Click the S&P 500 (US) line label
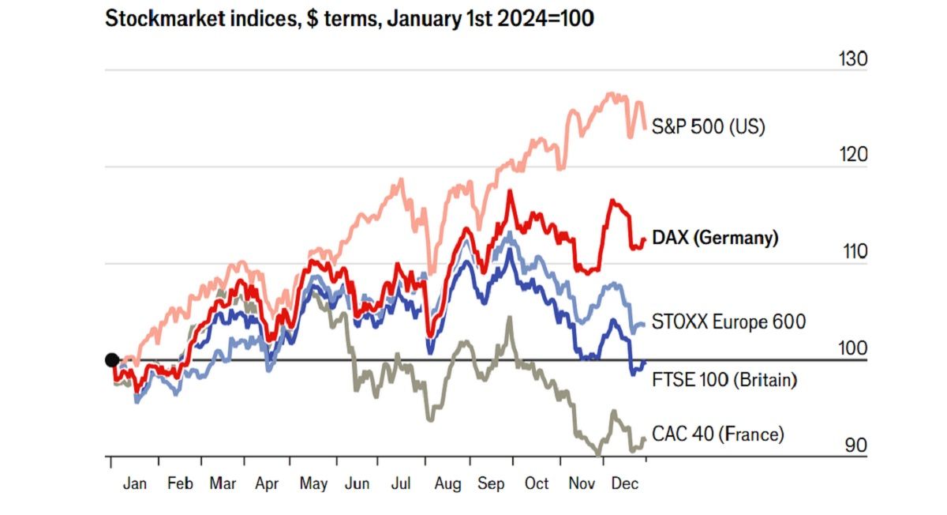pyautogui.click(x=708, y=126)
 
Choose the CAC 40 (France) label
pyautogui.click(x=718, y=434)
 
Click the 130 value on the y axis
pyautogui.click(x=852, y=59)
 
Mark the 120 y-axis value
pyautogui.click(x=852, y=155)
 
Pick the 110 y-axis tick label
pyautogui.click(x=852, y=252)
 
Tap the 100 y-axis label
pyautogui.click(x=852, y=348)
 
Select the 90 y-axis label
pyautogui.click(x=855, y=445)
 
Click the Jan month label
pyautogui.click(x=134, y=483)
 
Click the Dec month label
pyautogui.click(x=625, y=483)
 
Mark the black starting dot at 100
pyautogui.click(x=112, y=360)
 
